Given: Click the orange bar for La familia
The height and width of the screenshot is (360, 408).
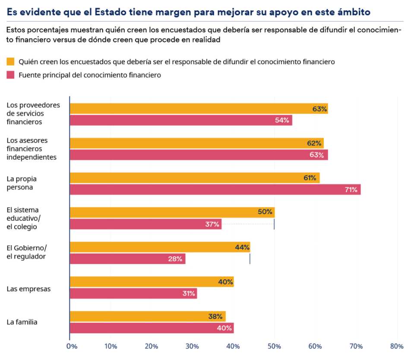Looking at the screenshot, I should point(147,316).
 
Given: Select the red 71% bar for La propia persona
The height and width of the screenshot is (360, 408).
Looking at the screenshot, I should point(215,189).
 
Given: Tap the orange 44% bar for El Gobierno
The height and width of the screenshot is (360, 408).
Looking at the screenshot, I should point(160,247).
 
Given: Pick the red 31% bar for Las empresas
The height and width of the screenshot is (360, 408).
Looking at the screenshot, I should point(133,294).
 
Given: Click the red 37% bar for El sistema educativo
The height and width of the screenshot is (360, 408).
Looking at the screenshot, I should point(145,224).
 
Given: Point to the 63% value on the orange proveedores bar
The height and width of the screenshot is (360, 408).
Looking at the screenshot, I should point(319,109).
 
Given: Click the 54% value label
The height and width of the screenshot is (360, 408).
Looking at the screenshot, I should point(282,120).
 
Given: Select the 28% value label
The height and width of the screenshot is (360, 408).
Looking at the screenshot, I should point(175,259).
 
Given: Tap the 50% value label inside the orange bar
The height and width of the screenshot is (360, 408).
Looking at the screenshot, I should point(265,212).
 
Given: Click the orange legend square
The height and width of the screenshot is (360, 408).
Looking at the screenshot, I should point(11,62).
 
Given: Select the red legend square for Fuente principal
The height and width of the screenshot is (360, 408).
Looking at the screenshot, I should point(11,75).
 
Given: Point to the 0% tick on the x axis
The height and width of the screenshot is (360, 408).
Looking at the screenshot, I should point(72,346).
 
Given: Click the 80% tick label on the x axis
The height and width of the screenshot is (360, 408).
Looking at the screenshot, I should point(396,346).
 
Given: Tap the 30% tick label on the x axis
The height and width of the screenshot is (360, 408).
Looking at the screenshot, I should point(192,346).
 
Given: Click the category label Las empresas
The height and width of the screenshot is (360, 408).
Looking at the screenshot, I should point(28,289).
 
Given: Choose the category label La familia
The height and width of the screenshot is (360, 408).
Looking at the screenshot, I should point(22,322).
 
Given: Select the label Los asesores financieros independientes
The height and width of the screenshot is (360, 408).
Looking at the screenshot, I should point(32,149).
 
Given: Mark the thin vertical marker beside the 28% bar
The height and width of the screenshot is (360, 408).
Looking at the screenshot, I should point(250,259).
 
